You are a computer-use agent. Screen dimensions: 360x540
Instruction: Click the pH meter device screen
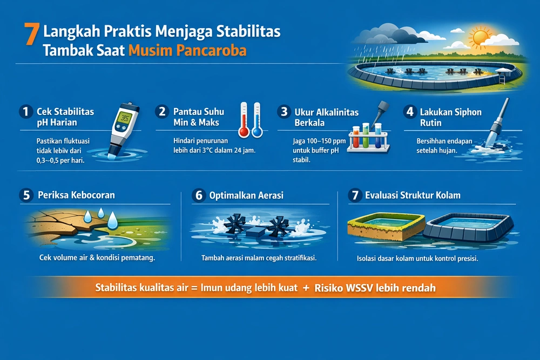pyautogui.click(x=125, y=119)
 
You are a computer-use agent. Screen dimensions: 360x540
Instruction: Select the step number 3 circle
pyautogui.click(x=283, y=112)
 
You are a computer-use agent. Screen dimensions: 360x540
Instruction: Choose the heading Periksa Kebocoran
pyautogui.click(x=76, y=195)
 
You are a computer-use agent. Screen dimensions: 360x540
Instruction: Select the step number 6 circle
pyautogui.click(x=198, y=195)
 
